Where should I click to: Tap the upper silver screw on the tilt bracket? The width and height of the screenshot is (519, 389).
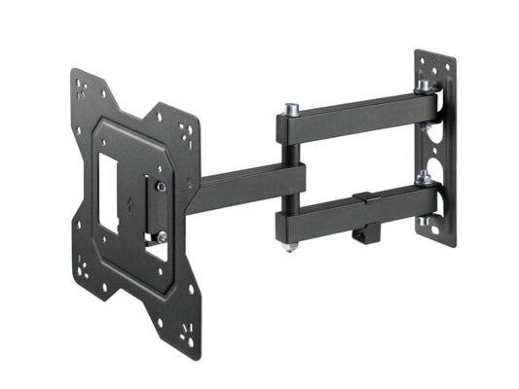coord(161,186)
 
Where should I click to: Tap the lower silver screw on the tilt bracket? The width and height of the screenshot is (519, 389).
coord(161,236)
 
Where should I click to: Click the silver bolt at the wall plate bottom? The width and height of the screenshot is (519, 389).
coord(425,221)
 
